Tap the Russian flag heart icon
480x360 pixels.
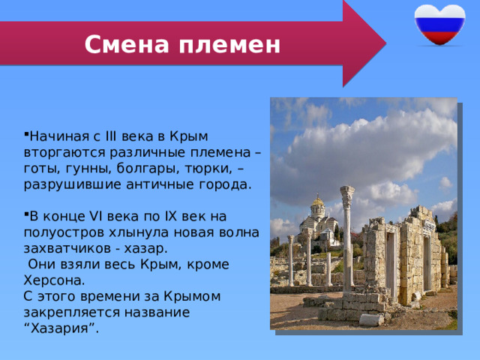pyautogui.click(x=439, y=25)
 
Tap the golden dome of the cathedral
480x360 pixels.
pyautogui.click(x=318, y=201)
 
